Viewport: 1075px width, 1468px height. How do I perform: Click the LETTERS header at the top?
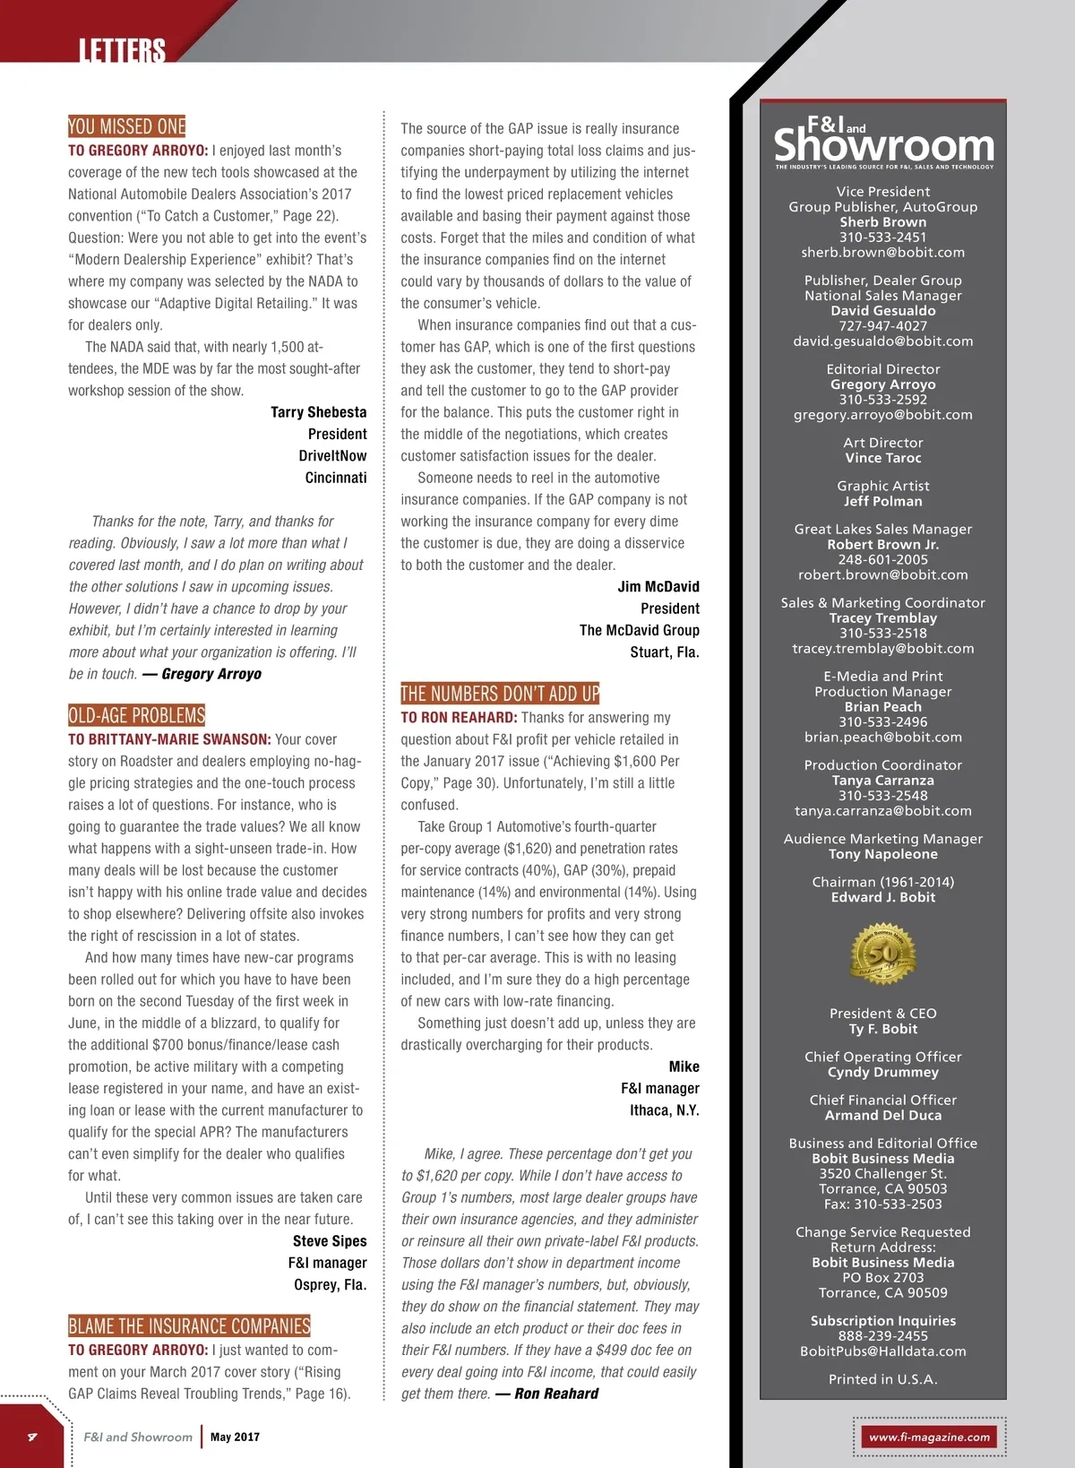click(122, 50)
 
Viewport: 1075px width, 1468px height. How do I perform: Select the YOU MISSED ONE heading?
click(127, 126)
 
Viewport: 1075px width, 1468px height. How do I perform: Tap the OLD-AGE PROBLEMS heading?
click(137, 715)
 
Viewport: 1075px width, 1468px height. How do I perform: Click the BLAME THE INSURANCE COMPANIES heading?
click(189, 1326)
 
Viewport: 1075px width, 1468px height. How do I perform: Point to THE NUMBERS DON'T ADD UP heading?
click(500, 694)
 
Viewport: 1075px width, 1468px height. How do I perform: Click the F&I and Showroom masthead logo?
click(883, 142)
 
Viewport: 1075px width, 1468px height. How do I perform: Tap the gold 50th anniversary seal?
click(882, 954)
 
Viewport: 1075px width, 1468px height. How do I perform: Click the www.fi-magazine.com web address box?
click(929, 1437)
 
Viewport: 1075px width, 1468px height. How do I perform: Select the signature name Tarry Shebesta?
click(318, 412)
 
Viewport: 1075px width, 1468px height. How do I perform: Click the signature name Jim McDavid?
click(658, 587)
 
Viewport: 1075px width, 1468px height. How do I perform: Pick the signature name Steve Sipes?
click(330, 1241)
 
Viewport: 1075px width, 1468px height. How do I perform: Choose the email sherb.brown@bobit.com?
click(883, 253)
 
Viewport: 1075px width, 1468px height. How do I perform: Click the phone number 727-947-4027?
click(883, 326)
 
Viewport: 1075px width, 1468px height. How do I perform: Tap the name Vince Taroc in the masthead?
click(883, 458)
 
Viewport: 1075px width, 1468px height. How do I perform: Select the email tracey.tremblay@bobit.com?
click(883, 649)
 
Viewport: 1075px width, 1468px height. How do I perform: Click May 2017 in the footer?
click(235, 1437)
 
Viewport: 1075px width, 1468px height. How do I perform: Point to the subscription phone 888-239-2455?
click(883, 1336)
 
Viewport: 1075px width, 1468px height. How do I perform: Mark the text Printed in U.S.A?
click(883, 1379)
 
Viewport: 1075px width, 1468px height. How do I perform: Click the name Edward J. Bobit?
click(883, 897)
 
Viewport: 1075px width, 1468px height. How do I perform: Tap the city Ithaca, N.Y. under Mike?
click(664, 1110)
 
